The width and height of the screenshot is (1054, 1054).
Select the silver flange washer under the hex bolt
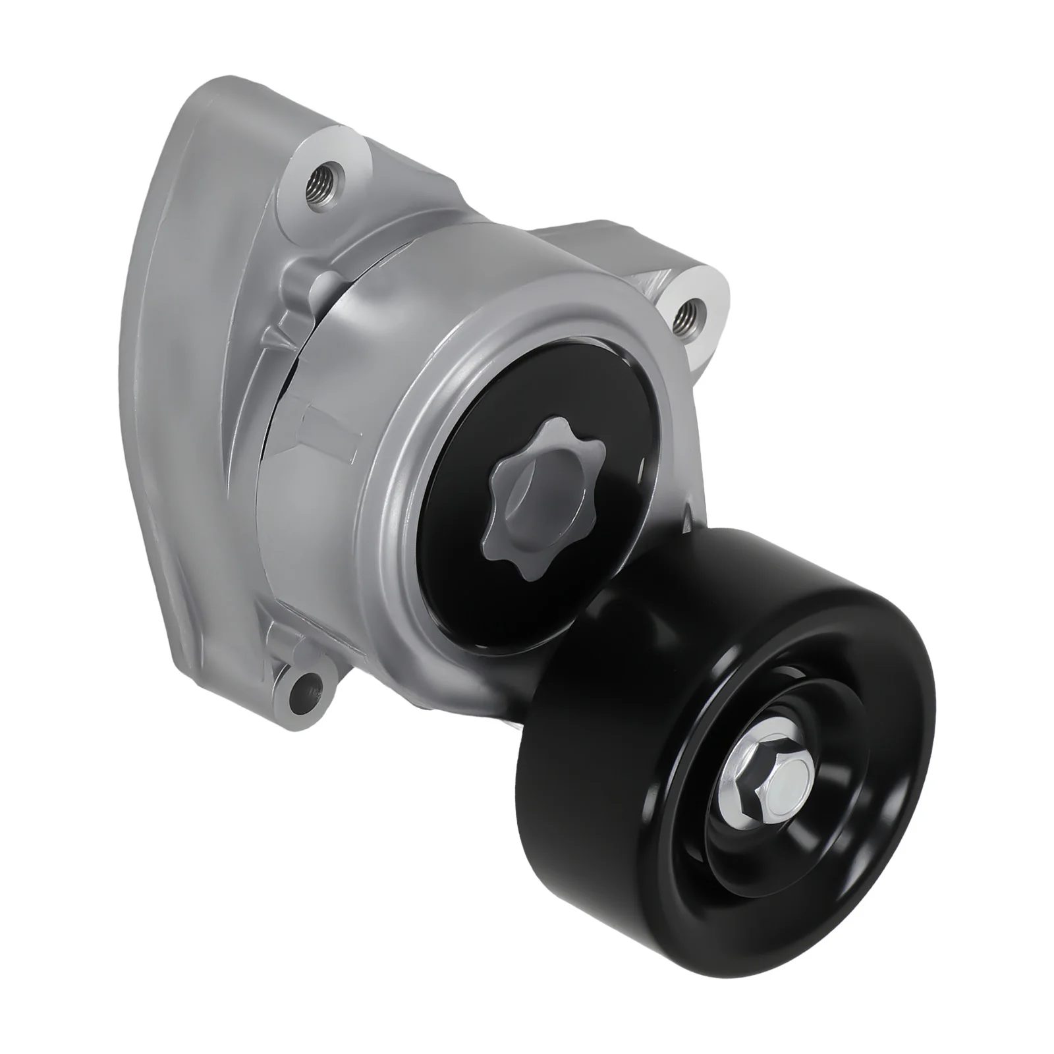[738, 814]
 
